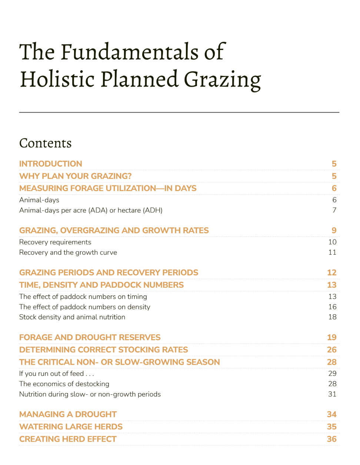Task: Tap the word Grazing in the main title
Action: (x=222, y=80)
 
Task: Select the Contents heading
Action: (x=45, y=143)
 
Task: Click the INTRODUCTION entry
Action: (x=51, y=164)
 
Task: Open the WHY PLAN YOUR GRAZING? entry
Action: (x=75, y=176)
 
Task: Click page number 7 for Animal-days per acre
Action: (x=334, y=210)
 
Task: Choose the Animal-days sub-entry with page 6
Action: (x=39, y=200)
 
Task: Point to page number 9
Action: (x=334, y=230)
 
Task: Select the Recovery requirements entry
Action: (x=55, y=242)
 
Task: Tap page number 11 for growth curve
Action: (x=332, y=252)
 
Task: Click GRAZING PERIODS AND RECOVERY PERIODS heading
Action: (x=109, y=272)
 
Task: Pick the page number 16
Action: (x=332, y=307)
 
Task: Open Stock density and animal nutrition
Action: (x=72, y=317)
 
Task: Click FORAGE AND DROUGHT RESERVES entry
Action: (x=90, y=337)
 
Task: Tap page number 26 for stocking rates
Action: (x=331, y=349)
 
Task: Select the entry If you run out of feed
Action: (x=56, y=374)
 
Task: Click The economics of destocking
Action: (x=64, y=384)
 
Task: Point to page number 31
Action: (x=332, y=394)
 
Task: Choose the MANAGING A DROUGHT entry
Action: (x=68, y=414)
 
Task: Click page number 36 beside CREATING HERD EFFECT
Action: (x=331, y=439)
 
